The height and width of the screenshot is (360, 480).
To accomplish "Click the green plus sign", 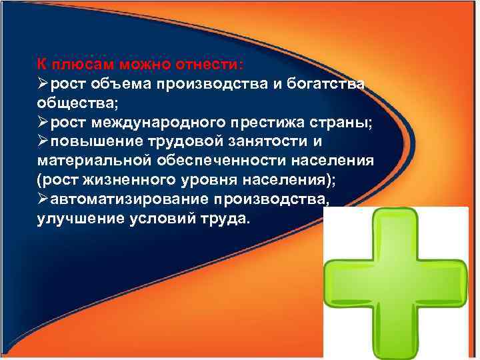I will (x=393, y=283).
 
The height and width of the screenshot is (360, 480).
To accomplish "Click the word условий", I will (x=167, y=220).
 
